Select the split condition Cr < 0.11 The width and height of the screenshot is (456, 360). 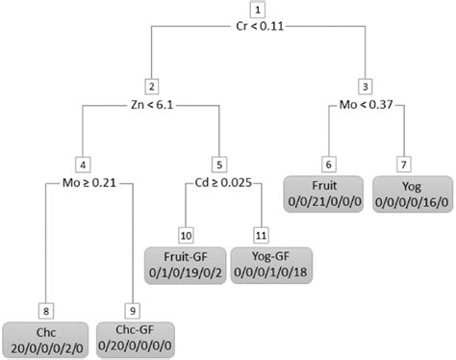pos(258,30)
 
